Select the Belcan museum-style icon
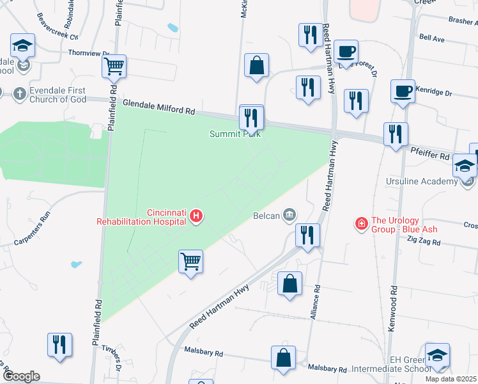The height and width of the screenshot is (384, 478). (x=289, y=214)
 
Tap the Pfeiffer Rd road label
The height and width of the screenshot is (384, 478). (x=430, y=154)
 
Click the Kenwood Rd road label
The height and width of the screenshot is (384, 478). (x=392, y=311)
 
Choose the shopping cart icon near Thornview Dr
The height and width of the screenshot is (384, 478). (x=114, y=66)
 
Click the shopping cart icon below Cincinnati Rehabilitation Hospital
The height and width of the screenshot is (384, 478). (x=190, y=261)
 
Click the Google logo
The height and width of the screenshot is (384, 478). (x=21, y=376)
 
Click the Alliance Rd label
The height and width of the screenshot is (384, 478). (x=313, y=310)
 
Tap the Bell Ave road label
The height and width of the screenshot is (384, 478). (x=431, y=38)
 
